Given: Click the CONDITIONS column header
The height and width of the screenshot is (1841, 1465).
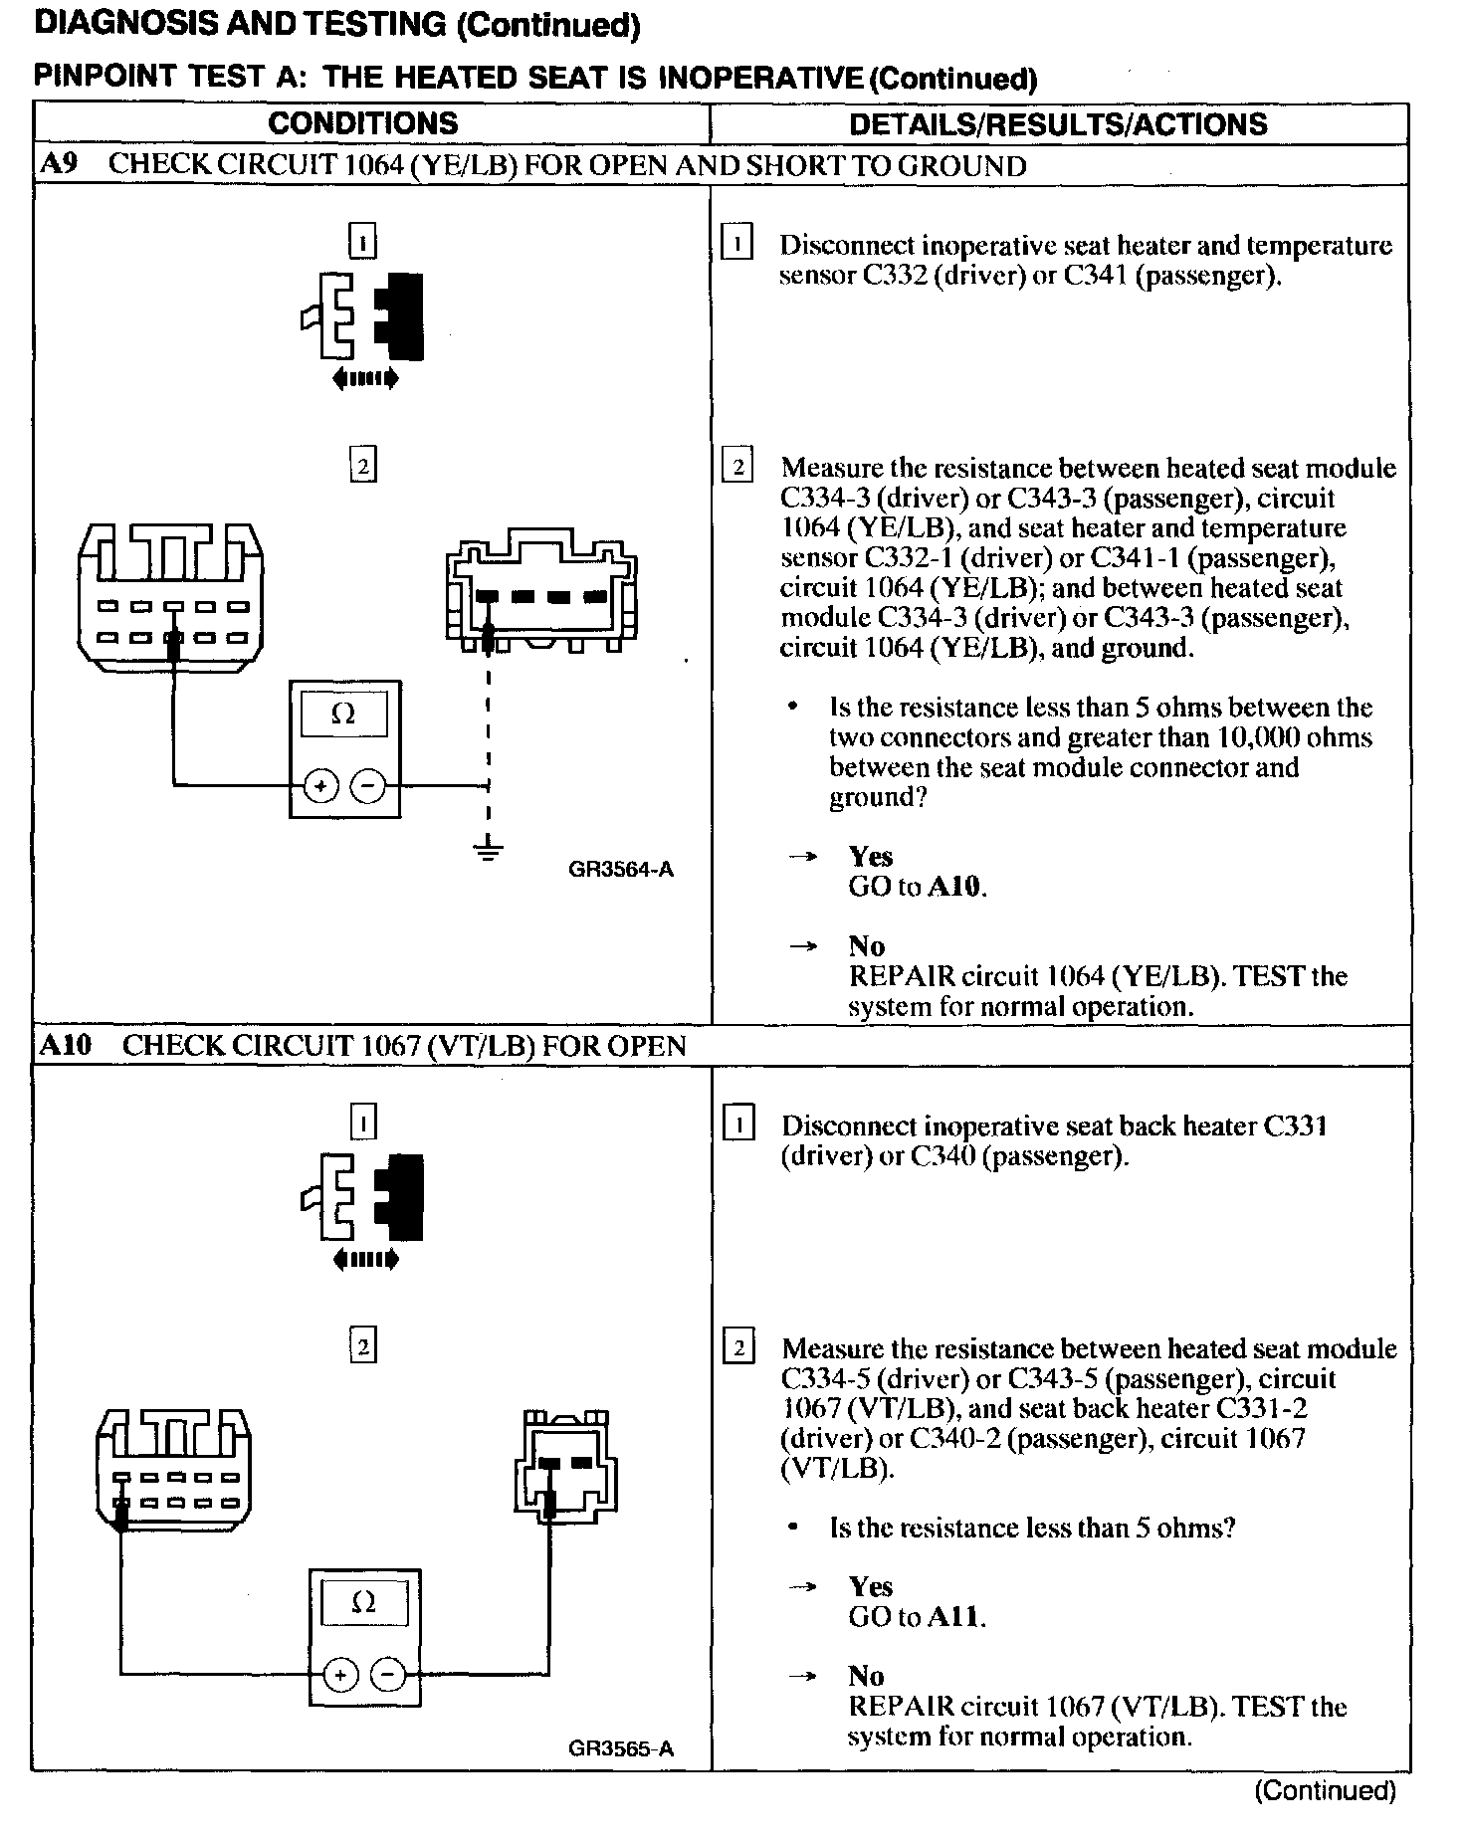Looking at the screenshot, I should pos(362,123).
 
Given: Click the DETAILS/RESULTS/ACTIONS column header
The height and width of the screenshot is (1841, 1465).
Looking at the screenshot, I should pos(1058,124).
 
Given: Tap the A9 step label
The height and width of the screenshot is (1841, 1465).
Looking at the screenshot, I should pos(59,164).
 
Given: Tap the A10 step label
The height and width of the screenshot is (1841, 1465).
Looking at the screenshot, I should pos(65,1045).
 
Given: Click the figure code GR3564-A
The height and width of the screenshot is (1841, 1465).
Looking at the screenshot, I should pos(621,870).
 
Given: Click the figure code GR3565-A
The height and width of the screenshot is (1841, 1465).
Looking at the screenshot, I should pos(621,1748).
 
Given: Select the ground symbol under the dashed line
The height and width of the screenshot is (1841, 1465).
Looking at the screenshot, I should pos(488,851).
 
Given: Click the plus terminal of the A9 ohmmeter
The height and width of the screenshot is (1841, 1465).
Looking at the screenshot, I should pos(320,786).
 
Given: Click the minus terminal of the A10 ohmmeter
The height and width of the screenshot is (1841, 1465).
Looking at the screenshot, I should pos(388,1675).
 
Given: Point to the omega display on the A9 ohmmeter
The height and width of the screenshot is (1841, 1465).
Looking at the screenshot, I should pos(343,714).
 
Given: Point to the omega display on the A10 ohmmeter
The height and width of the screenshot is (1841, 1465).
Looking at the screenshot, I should pos(364,1603).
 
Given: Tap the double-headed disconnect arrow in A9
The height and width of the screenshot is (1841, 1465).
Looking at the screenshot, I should pos(364,378).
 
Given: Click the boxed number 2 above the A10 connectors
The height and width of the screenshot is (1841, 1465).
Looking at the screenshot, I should pos(363,1346).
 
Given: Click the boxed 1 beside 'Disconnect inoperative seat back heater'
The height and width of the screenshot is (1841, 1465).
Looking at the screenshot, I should pos(737,1125).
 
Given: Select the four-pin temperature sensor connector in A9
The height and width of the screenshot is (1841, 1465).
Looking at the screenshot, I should pos(541,594).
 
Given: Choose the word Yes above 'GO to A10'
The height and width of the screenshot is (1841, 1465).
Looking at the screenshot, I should pos(870,857).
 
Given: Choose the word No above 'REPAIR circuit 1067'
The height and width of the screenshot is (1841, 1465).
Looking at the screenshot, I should pos(866,1676).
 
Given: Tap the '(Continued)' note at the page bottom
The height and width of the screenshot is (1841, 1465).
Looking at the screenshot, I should pos(1325,1790).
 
